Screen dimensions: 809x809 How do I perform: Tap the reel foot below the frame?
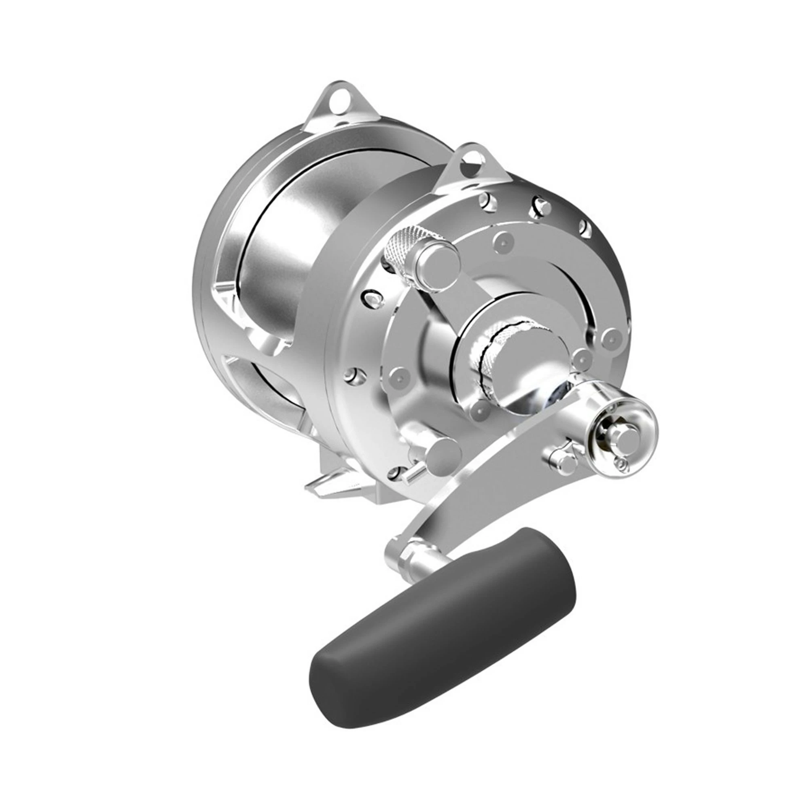[331, 486]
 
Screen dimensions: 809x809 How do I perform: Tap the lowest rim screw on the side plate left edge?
[396, 473]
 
